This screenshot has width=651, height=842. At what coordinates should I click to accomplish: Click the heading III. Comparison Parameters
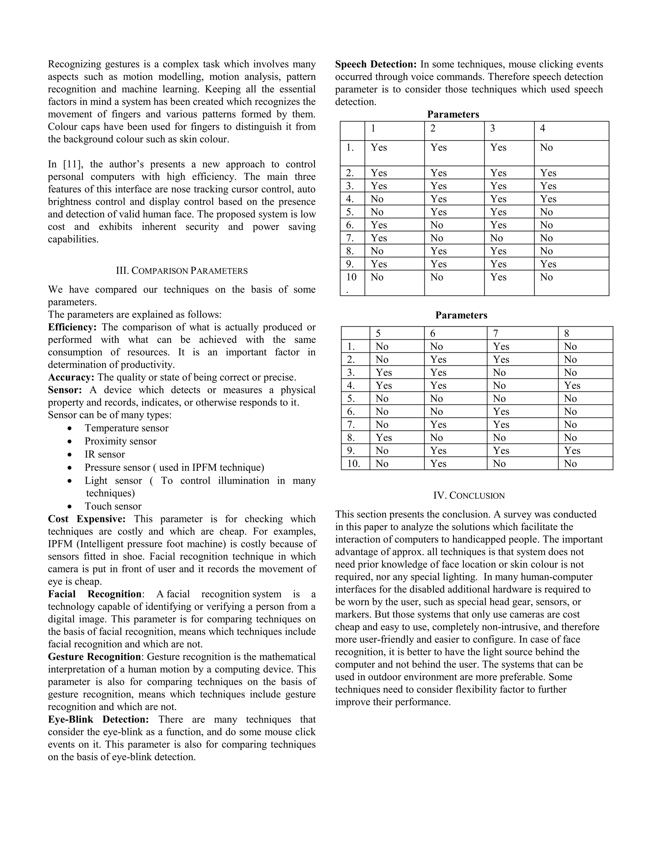point(182,271)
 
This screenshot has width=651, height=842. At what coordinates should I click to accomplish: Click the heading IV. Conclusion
point(469,495)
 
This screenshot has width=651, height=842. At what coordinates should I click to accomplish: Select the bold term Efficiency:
point(72,327)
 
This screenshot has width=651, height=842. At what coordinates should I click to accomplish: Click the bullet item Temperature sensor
point(127,428)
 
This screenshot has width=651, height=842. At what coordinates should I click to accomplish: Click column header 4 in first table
point(542,128)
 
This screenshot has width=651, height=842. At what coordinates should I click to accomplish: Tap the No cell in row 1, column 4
point(546,148)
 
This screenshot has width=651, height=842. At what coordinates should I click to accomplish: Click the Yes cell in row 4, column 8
point(572,385)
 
